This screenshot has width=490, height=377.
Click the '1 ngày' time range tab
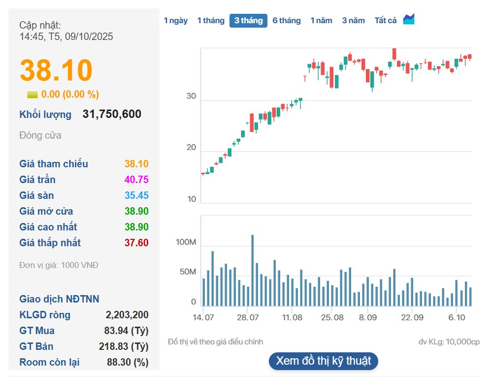[x=176, y=21]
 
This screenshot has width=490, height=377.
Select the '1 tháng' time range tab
[x=211, y=21]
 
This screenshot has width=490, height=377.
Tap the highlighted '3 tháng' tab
[x=248, y=21]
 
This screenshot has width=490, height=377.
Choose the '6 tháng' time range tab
[x=287, y=21]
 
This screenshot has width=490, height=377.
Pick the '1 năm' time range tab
[x=321, y=21]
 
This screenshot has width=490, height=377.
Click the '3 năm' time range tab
[x=354, y=21]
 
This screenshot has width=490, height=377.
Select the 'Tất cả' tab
[x=386, y=21]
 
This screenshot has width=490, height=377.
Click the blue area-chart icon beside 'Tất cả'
[x=409, y=20]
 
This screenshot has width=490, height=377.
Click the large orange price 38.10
[x=56, y=70]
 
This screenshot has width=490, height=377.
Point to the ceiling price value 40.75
[x=136, y=180]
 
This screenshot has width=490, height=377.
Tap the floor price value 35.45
[x=136, y=195]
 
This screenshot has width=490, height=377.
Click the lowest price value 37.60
[x=136, y=243]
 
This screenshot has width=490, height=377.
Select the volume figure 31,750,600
[x=112, y=114]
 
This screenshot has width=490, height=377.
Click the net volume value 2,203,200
[x=127, y=315]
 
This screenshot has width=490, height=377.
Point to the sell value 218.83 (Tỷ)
[x=124, y=346]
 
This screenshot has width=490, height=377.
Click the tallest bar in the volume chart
[x=253, y=270]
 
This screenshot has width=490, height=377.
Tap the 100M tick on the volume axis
[x=186, y=243]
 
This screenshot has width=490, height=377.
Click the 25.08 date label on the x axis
[x=332, y=317]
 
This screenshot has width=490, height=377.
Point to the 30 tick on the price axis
[x=191, y=97]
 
